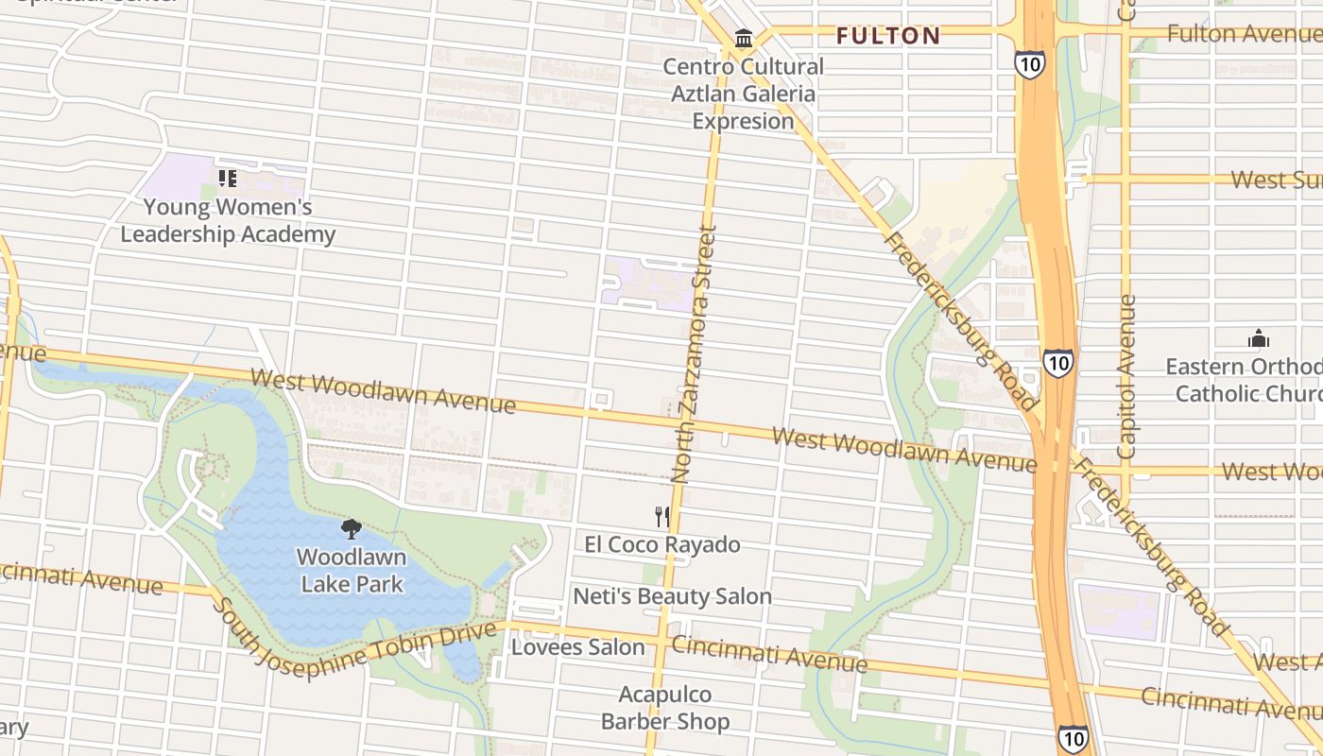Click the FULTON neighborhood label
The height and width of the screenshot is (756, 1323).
tap(888, 36)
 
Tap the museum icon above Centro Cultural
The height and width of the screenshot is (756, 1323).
tap(744, 39)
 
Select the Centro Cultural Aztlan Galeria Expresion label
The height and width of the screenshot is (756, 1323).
tap(743, 94)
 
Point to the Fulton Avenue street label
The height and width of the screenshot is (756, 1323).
tap(1244, 34)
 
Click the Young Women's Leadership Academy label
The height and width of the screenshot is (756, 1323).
tap(228, 220)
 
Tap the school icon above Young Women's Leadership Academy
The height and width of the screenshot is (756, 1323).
tap(228, 178)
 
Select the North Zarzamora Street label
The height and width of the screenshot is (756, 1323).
tap(695, 354)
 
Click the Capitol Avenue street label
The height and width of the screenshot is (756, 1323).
tap(1126, 376)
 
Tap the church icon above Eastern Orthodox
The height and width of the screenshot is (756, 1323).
tap(1258, 338)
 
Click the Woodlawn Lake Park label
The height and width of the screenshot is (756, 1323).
tap(352, 570)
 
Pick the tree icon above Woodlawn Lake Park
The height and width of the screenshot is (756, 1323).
tap(352, 529)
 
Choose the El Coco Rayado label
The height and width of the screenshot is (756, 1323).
tap(661, 544)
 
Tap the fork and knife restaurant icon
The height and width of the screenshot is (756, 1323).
tap(662, 516)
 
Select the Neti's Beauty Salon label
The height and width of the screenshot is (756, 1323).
tap(672, 596)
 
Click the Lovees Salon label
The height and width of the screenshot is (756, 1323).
tap(577, 647)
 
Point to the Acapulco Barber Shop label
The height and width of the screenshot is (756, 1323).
tap(665, 708)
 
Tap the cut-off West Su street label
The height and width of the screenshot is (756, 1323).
tap(1276, 180)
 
